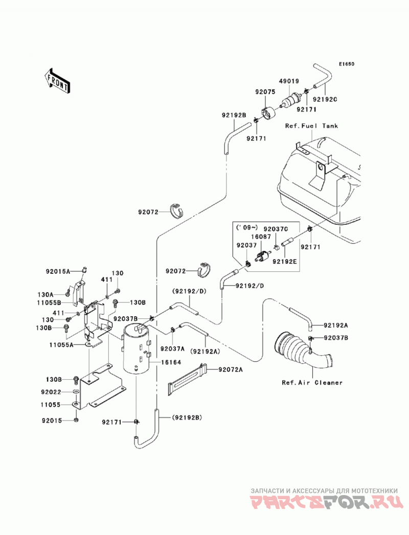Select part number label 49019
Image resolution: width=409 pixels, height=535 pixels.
click(289, 81)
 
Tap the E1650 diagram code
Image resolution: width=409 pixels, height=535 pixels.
click(347, 64)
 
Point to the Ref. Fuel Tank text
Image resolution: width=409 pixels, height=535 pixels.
click(311, 126)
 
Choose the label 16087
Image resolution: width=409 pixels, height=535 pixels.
click(261, 237)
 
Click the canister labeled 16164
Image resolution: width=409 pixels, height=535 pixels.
click(135, 349)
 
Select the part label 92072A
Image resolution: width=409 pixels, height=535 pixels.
click(231, 369)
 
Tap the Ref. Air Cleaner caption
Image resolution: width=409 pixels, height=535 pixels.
click(312, 383)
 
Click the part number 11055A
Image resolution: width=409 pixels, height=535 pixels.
click(61, 345)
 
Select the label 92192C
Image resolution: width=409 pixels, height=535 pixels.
click(325, 100)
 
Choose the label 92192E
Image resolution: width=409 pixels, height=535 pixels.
click(285, 261)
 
